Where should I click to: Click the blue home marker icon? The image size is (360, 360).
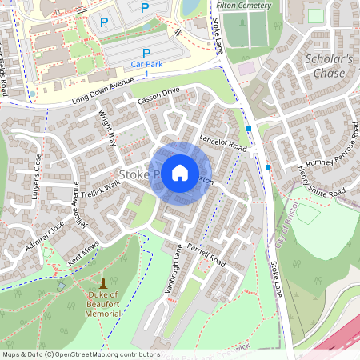pos(180,172)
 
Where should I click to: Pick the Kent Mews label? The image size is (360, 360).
pos(84,256)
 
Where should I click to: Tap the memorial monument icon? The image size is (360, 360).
pos(103,284)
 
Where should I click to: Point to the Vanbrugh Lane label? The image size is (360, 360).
pos(174,268)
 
